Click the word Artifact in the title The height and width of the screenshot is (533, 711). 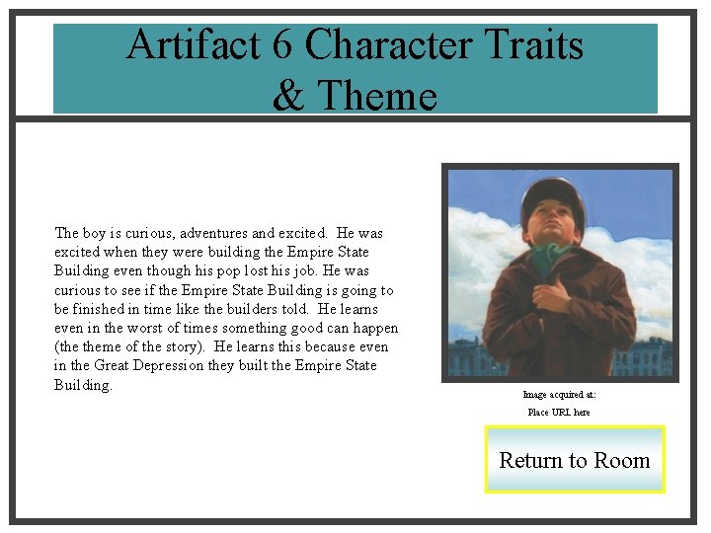coord(183,45)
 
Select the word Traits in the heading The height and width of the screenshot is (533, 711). coord(535,45)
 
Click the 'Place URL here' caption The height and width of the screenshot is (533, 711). coord(559,412)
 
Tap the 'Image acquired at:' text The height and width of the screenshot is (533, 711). coord(559,395)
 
